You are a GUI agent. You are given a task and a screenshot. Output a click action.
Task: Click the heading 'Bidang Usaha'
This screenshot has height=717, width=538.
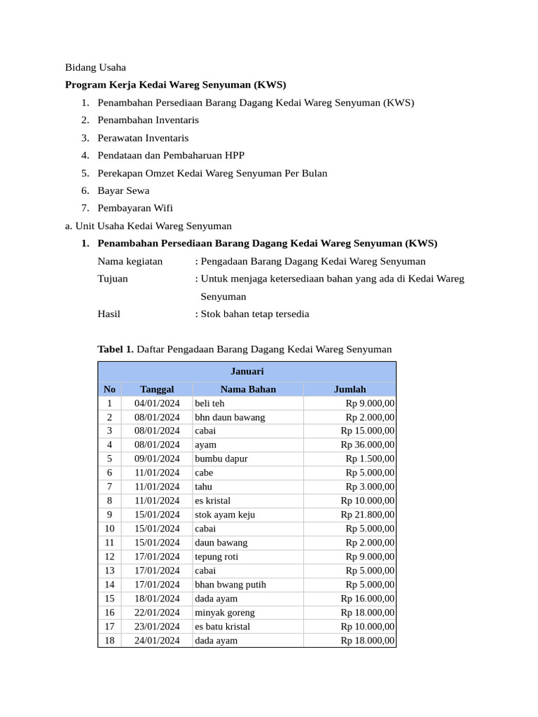(95, 68)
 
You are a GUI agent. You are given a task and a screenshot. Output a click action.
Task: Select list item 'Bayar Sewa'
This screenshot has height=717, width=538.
(123, 190)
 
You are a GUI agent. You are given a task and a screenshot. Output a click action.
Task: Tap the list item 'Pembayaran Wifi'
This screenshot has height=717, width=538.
(134, 208)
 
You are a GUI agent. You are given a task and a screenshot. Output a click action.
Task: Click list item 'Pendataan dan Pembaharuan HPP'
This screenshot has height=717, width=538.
(171, 155)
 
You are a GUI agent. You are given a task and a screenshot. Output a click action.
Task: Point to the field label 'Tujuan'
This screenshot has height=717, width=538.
(113, 279)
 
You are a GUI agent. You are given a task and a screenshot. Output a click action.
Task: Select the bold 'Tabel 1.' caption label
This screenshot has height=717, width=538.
(116, 349)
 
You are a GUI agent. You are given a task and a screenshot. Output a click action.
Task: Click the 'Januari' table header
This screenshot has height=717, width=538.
(247, 371)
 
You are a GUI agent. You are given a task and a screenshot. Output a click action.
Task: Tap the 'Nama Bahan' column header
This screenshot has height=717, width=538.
(248, 389)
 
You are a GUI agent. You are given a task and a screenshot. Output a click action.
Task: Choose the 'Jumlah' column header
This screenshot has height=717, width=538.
(350, 389)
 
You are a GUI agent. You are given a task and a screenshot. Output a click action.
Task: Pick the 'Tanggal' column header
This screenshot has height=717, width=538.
(157, 389)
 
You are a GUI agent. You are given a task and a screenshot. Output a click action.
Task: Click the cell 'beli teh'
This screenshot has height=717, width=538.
(209, 403)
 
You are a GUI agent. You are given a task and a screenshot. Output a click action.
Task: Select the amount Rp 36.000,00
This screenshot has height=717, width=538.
(367, 445)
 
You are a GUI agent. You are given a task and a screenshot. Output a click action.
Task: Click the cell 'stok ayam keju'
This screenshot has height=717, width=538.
(225, 515)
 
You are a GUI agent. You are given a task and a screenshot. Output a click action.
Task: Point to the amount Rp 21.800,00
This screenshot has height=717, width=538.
(367, 515)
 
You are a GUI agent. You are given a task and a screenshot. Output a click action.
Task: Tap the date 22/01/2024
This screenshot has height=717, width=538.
(157, 613)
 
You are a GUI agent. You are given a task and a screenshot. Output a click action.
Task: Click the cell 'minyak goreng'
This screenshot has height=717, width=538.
(225, 613)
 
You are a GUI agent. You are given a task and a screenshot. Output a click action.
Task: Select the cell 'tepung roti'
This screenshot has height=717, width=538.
(217, 557)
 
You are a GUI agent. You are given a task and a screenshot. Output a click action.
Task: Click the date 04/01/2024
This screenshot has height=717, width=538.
(157, 403)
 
